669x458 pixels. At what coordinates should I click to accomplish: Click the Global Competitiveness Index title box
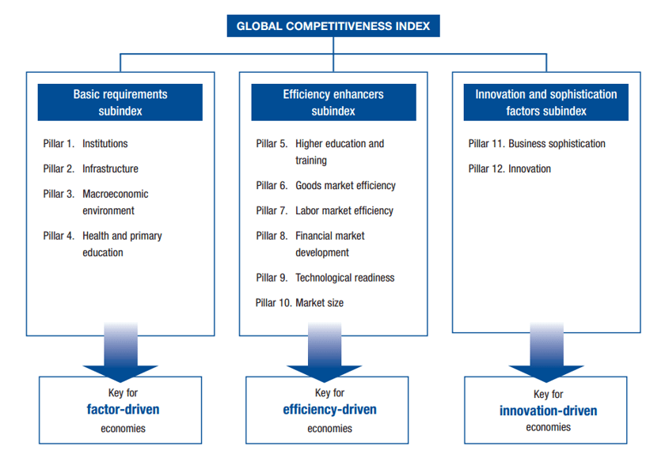point(333,25)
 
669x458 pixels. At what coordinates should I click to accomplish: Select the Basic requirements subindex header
point(120,103)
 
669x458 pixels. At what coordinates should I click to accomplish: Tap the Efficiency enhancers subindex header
point(333,103)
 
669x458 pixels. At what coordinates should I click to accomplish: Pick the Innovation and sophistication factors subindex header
point(545,103)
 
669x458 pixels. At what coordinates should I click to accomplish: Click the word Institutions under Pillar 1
point(105,144)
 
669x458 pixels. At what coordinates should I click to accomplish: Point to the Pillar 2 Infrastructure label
point(110,168)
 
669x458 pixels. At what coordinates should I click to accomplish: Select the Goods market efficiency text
point(345,186)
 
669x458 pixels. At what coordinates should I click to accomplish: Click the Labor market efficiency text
point(344,211)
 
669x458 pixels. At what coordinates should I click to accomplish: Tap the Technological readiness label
point(344,278)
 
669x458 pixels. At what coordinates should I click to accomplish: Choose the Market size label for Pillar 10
point(319,303)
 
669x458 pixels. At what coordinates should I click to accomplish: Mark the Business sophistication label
point(557,144)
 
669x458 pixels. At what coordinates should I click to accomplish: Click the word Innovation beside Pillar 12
point(529,168)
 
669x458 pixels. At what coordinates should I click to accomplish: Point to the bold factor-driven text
point(124,410)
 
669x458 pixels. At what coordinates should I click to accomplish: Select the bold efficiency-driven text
point(329,410)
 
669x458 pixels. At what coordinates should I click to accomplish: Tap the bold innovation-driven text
point(548,411)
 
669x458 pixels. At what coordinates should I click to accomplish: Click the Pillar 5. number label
point(272,144)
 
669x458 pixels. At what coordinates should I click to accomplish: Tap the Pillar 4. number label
point(59,236)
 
